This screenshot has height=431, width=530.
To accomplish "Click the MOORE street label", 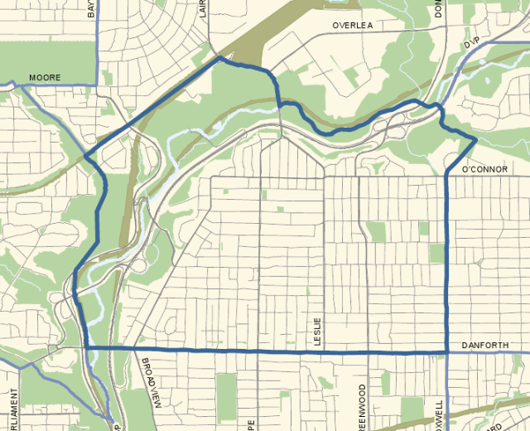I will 45,78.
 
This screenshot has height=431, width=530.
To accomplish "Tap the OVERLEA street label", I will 353,26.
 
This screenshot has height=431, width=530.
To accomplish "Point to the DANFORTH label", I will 484,344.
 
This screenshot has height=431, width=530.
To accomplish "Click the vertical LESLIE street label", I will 316,331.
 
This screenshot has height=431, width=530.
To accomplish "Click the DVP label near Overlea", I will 472,41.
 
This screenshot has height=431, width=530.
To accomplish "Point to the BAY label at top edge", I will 91,8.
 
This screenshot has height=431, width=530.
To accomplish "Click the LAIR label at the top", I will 204,8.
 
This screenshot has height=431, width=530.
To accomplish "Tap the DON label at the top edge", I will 439,8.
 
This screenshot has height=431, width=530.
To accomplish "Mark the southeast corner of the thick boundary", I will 447,351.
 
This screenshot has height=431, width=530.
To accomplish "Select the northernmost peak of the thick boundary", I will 220,59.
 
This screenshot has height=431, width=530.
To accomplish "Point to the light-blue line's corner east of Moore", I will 96,84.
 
